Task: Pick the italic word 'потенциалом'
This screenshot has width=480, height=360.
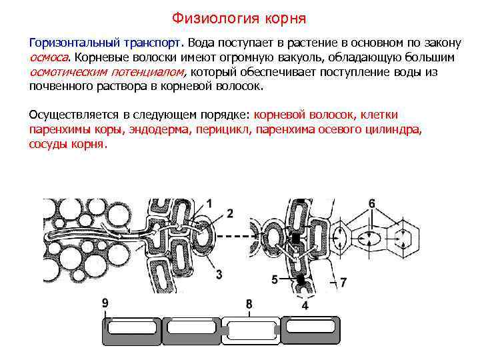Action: click(150, 72)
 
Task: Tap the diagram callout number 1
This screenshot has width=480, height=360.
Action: click(209, 203)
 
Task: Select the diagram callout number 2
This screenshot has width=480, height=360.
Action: click(229, 213)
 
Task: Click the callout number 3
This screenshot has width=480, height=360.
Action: click(219, 274)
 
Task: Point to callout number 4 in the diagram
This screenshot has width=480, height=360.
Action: click(305, 305)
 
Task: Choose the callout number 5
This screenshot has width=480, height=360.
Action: click(274, 280)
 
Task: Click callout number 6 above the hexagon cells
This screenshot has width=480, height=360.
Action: click(372, 203)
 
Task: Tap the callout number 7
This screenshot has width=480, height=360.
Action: click(343, 283)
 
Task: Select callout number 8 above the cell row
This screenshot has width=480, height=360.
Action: click(249, 305)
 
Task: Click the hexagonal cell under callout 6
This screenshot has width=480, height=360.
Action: click(403, 237)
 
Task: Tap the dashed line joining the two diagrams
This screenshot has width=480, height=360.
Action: click(237, 237)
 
